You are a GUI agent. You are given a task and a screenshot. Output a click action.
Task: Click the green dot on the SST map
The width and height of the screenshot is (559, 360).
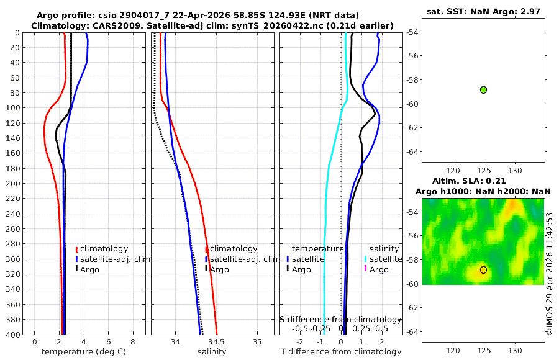point(483,90)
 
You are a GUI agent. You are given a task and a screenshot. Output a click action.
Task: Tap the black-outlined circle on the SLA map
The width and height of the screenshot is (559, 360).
point(483,270)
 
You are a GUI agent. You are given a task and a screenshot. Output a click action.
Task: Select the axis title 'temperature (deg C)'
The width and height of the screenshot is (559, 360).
point(84,352)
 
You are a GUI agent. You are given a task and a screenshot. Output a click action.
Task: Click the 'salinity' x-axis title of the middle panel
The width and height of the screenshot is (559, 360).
point(212,352)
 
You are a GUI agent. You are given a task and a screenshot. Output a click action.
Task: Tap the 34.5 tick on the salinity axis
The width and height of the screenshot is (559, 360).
point(216,342)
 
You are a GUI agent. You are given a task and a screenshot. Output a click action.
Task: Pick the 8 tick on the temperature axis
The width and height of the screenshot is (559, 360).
point(133,342)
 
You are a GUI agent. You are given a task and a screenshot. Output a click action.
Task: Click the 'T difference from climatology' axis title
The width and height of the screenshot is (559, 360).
point(341,352)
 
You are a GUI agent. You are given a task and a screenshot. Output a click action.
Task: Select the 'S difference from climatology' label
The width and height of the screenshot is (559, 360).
point(341,319)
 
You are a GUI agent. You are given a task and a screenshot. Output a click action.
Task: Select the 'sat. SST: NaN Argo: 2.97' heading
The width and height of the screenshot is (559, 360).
point(483,11)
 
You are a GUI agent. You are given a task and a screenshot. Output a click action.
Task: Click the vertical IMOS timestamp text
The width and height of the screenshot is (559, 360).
point(550,273)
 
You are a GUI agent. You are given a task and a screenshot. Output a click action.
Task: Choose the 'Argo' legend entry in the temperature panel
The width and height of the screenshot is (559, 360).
point(89,270)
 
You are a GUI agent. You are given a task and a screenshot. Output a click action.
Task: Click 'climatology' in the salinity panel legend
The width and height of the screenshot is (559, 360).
point(234,249)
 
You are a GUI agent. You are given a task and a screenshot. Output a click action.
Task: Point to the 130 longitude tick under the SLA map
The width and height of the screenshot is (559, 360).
point(515,350)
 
